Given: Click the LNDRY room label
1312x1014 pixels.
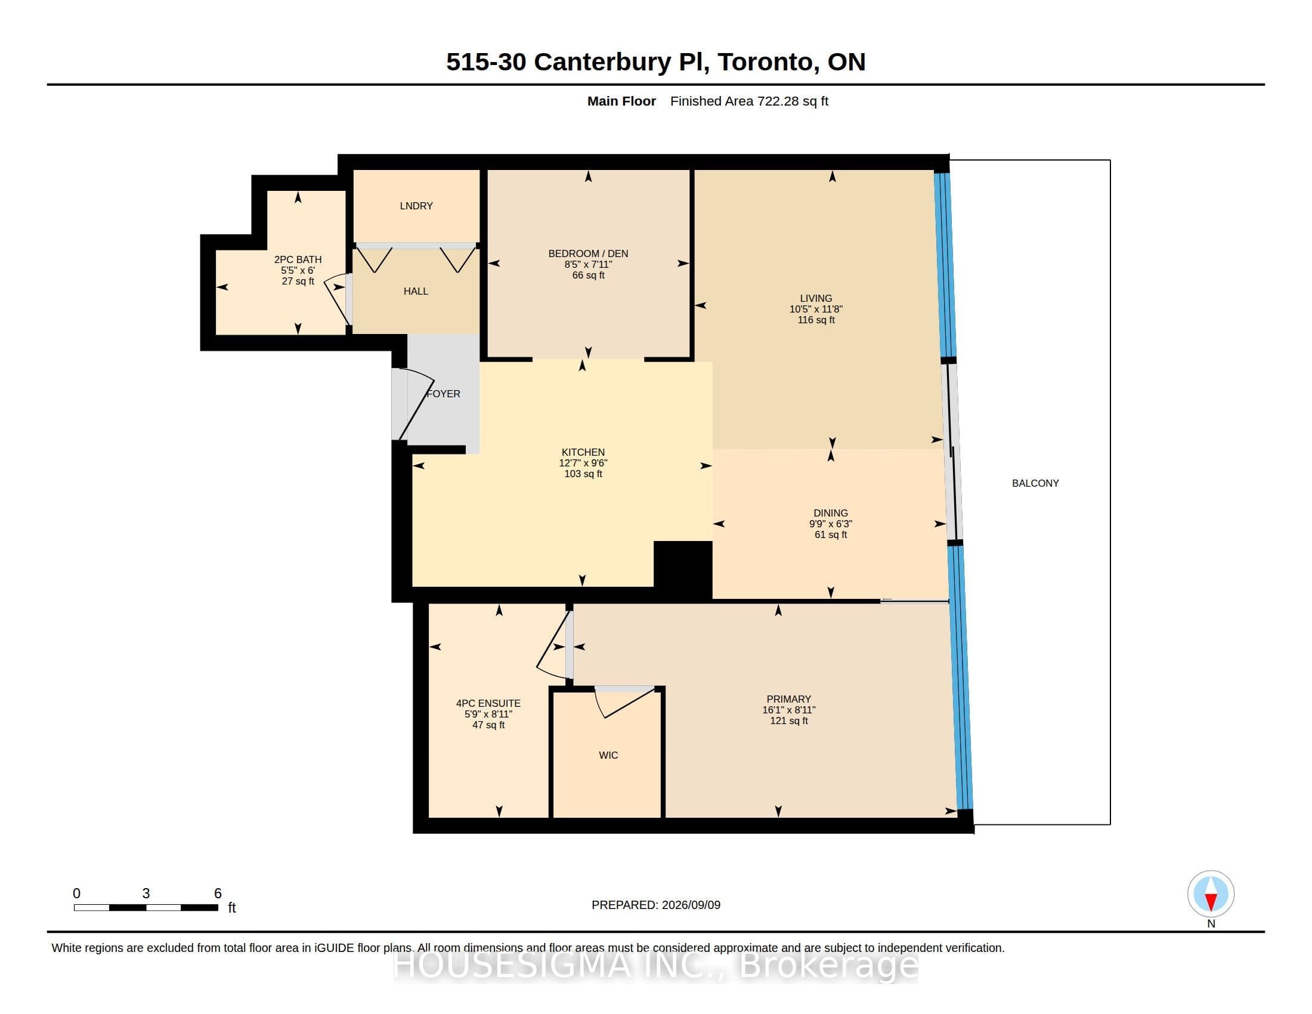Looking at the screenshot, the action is click(x=416, y=206).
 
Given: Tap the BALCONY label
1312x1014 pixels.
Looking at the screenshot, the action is click(x=1035, y=483).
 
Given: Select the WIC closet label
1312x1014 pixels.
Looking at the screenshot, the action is click(x=608, y=755).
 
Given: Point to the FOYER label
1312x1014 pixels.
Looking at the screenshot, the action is click(x=443, y=394).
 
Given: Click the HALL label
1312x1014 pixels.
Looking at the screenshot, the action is click(x=416, y=291).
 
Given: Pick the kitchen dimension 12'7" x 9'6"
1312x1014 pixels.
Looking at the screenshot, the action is click(x=583, y=463).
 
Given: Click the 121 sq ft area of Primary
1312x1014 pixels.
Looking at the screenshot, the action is click(x=789, y=721).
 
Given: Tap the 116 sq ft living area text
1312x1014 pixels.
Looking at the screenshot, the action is click(x=816, y=320).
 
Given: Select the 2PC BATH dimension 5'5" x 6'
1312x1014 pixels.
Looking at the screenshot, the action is click(x=298, y=270).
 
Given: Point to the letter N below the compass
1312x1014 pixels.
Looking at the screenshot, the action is click(x=1211, y=924).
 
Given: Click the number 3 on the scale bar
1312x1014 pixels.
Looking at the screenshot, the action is click(x=146, y=894).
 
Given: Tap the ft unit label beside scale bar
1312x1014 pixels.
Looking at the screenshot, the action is click(x=232, y=908).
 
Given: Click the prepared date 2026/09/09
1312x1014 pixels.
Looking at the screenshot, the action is click(x=691, y=905).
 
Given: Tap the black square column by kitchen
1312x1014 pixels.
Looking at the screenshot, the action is click(x=682, y=570).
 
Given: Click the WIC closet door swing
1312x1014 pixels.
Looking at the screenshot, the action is click(x=625, y=703).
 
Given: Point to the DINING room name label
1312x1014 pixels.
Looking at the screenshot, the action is click(x=831, y=513).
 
